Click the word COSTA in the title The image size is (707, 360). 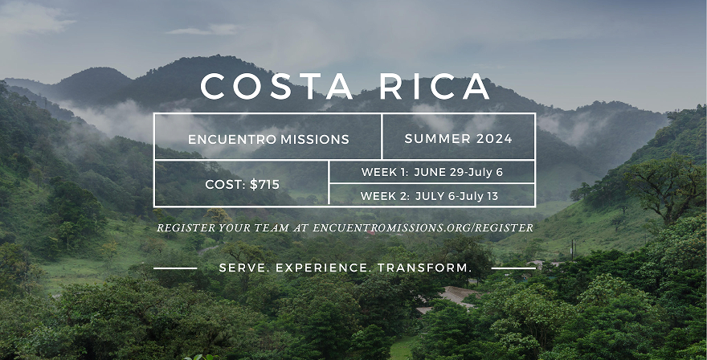(x=276, y=86)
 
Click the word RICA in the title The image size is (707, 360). (x=435, y=86)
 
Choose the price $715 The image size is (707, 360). (x=265, y=185)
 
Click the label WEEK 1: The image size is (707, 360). (x=385, y=172)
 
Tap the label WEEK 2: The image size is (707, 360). (x=385, y=196)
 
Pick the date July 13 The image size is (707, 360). (x=486, y=196)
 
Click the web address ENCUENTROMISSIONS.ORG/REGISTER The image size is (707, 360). (x=423, y=228)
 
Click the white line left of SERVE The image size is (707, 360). (x=175, y=268)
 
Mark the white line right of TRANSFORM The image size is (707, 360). (x=513, y=268)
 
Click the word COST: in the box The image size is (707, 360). (x=226, y=185)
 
